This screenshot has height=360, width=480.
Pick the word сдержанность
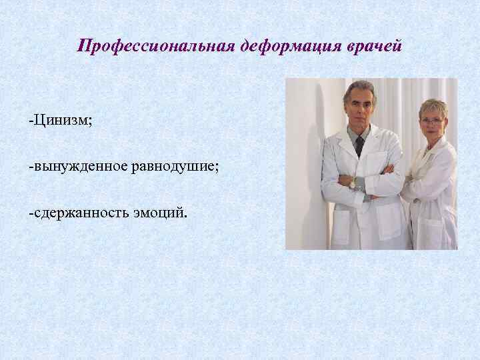83,212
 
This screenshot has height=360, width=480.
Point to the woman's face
433,124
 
